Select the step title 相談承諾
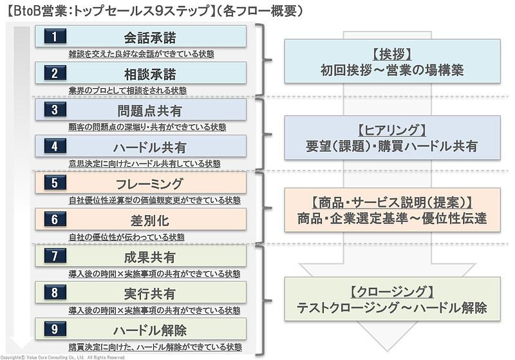tap(149, 73)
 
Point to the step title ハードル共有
tap(149, 146)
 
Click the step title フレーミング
tap(149, 184)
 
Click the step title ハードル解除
tap(149, 330)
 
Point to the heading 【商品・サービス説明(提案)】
tap(391, 202)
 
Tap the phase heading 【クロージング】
tap(391, 292)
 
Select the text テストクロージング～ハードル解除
tap(391, 308)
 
